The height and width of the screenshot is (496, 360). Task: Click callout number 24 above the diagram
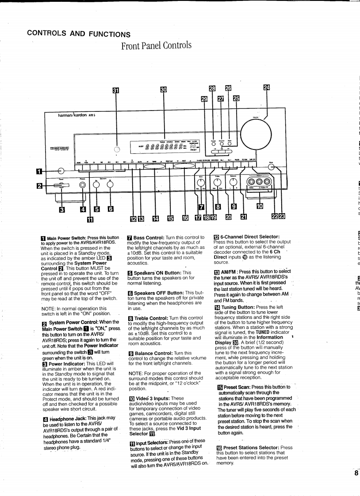(266, 88)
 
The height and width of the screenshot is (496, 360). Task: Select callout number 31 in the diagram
(116, 90)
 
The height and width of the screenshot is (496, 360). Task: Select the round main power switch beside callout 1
(61, 170)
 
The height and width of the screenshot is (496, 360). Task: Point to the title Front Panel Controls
(156, 45)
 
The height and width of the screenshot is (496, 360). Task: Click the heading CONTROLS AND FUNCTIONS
(78, 33)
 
